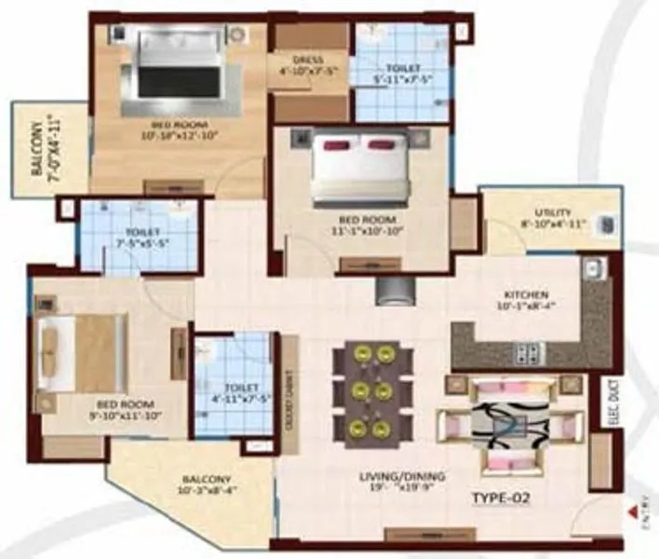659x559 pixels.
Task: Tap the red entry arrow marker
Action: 636,511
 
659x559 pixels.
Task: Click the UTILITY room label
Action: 553,212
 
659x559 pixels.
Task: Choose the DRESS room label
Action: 307,61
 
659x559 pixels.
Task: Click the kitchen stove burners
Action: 528,352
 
